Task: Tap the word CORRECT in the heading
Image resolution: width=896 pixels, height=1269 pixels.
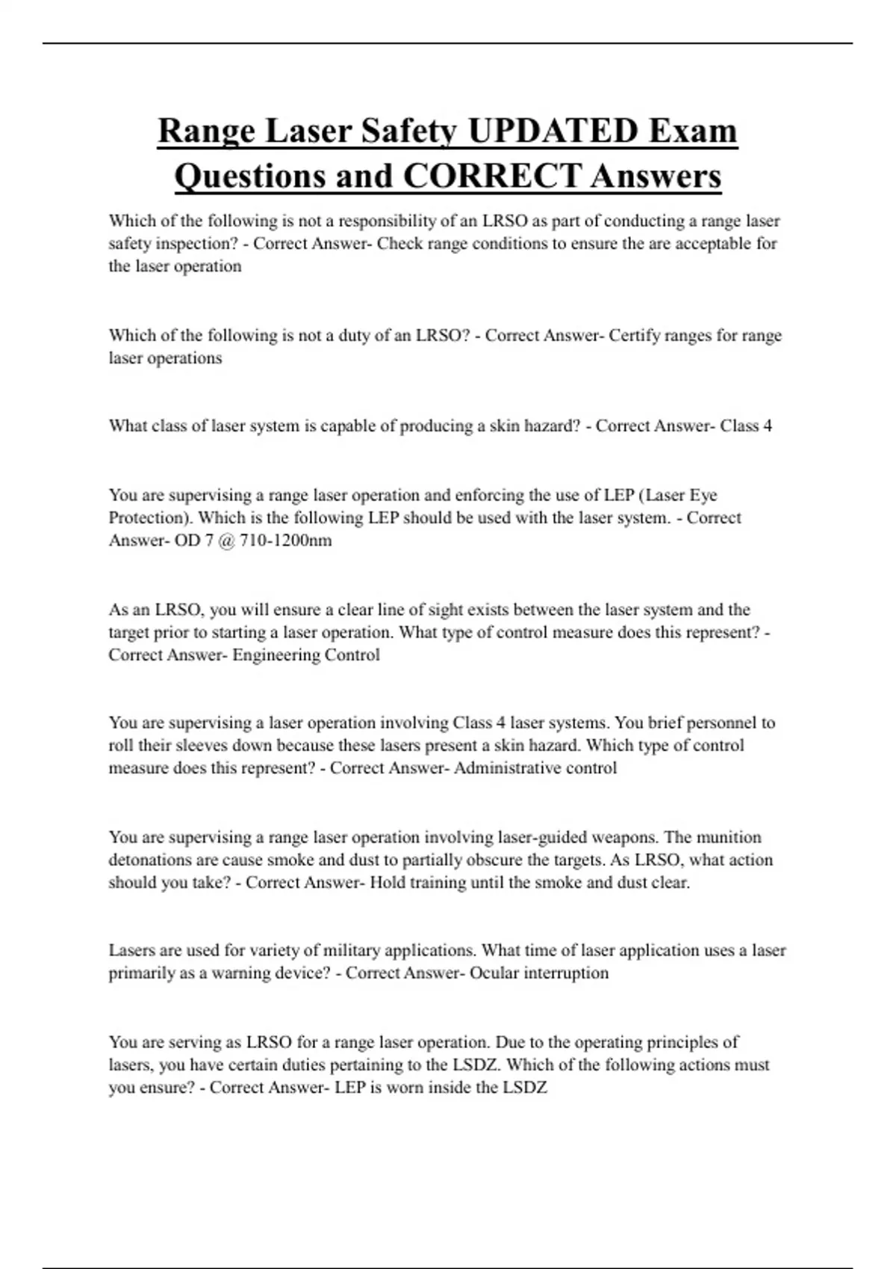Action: tap(491, 176)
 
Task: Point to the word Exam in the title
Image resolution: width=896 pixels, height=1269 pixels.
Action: tap(693, 131)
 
